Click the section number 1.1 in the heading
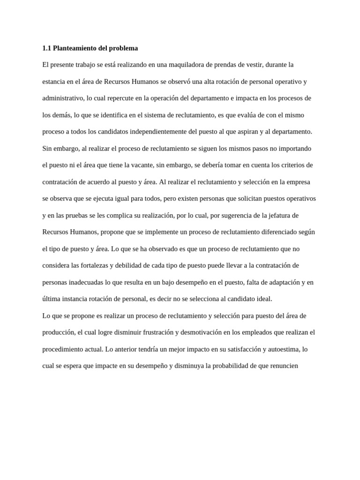(46, 48)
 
